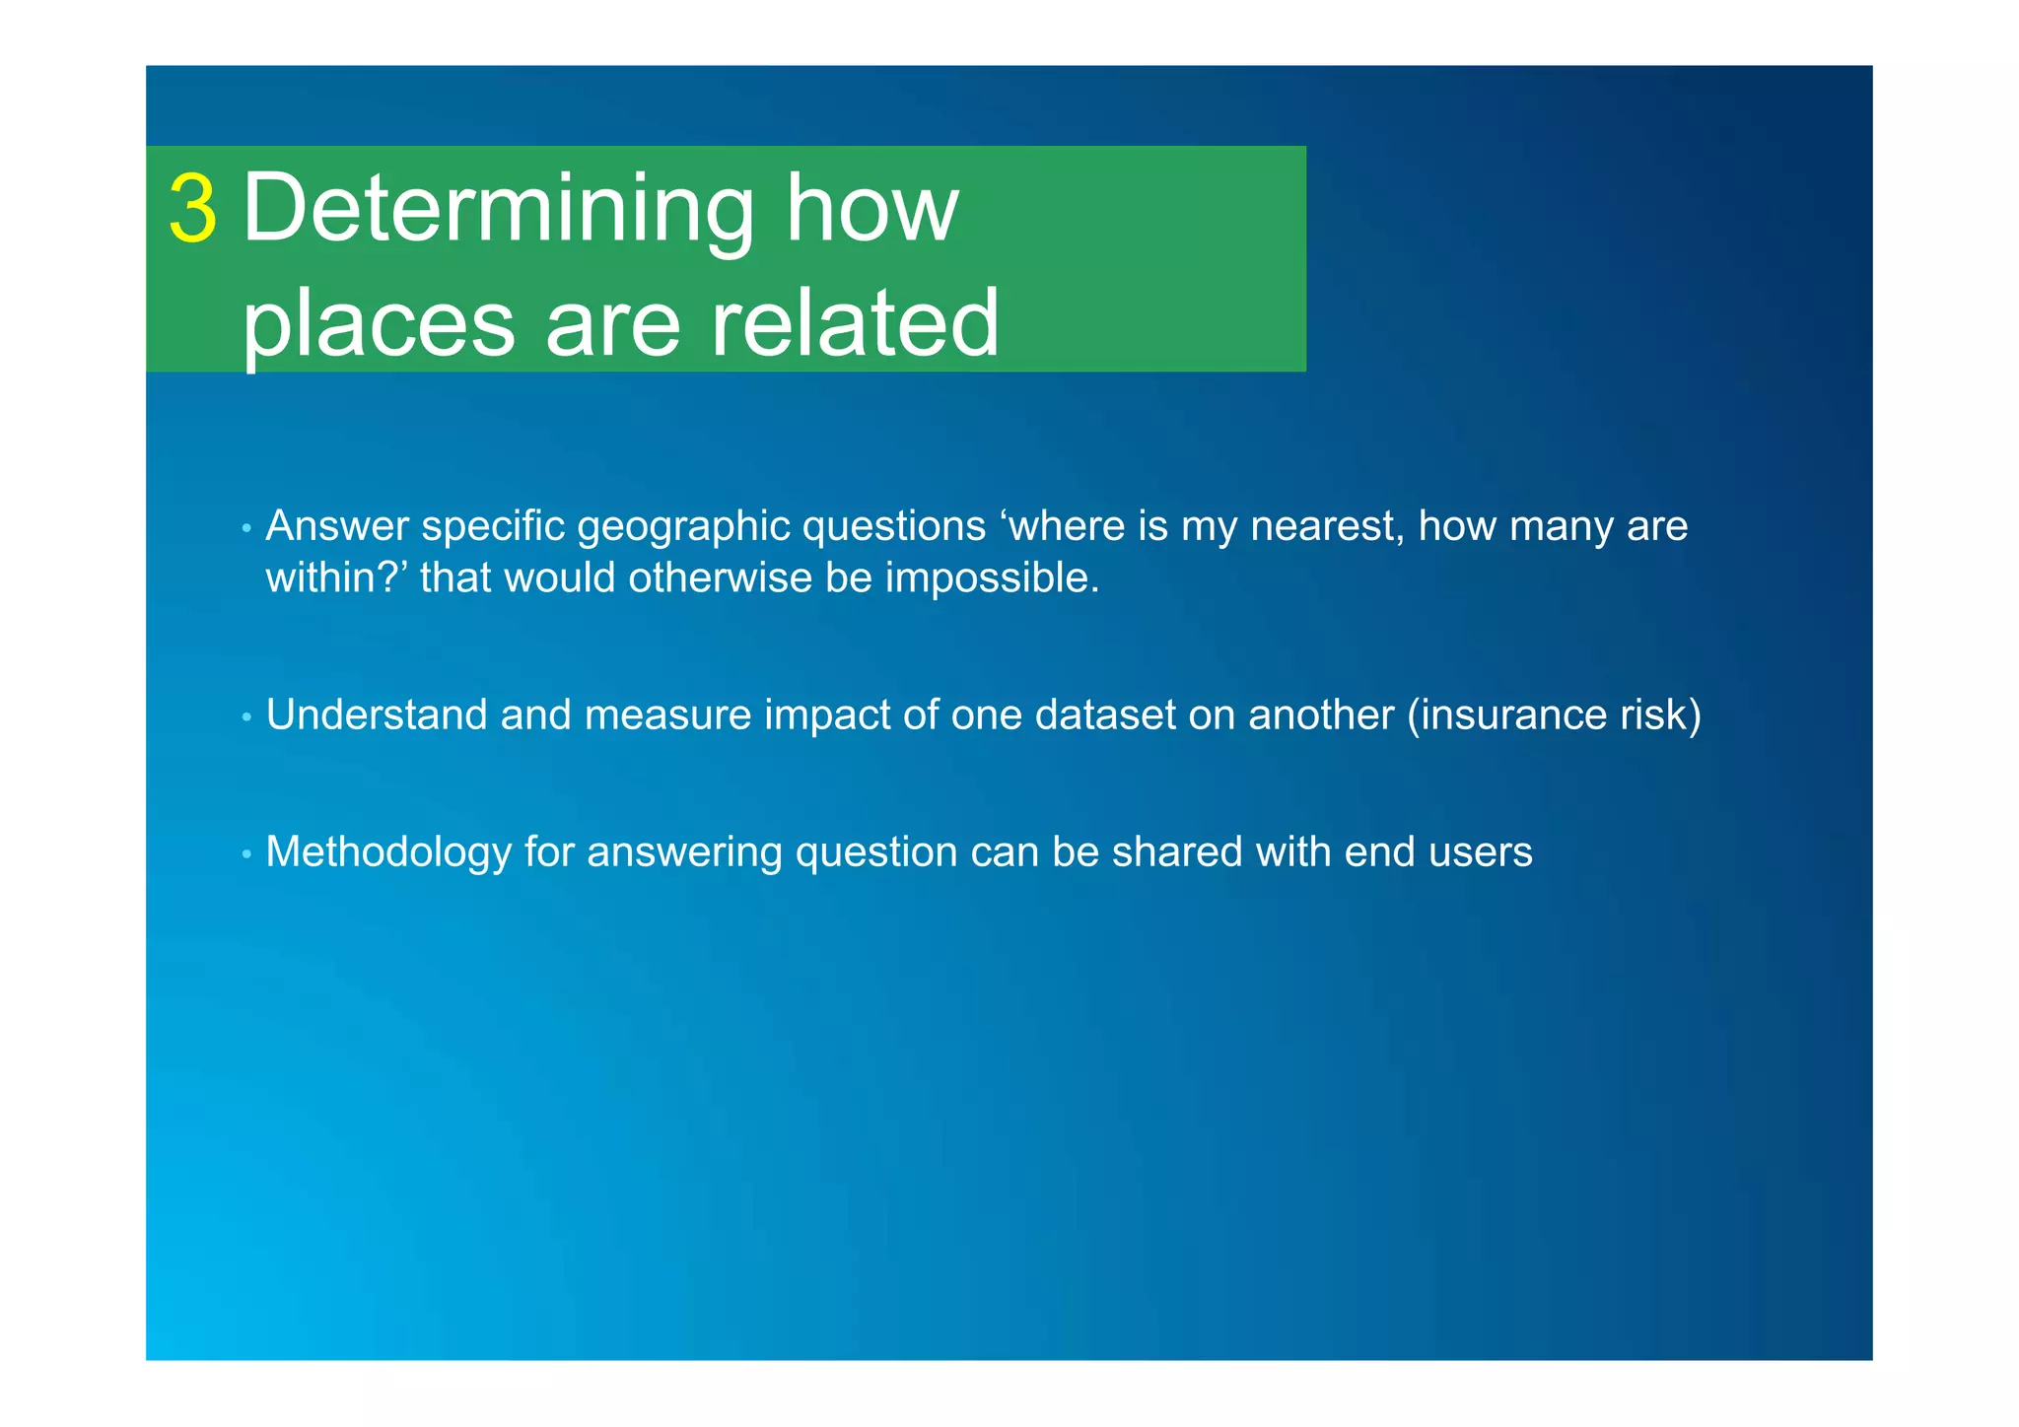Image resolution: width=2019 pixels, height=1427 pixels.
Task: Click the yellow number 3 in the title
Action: [192, 209]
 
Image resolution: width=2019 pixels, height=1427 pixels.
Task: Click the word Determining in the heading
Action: [498, 209]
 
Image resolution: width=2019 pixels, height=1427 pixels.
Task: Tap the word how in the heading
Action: [871, 209]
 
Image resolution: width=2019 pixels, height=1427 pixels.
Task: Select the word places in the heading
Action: [379, 324]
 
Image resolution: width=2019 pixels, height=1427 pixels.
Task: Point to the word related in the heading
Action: [855, 324]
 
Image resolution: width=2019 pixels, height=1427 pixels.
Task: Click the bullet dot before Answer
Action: [246, 529]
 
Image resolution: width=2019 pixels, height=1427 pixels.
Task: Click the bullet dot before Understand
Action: [246, 717]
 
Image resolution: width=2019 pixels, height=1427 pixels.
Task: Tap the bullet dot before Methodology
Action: [246, 854]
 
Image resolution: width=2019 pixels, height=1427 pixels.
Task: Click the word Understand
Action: [377, 715]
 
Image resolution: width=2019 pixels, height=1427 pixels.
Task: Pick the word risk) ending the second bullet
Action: [1661, 715]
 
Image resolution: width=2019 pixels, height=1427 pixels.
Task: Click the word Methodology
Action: [388, 852]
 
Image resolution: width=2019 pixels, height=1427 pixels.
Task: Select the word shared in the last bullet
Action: [1177, 852]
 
